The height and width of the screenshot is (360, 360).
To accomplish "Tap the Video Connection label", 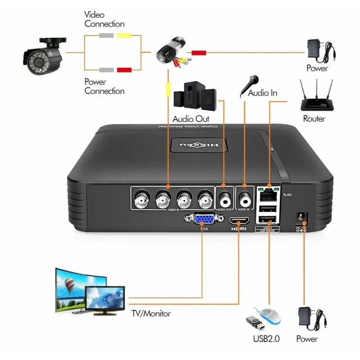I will pyautogui.click(x=104, y=19).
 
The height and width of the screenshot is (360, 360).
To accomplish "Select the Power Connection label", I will pyautogui.click(x=104, y=86).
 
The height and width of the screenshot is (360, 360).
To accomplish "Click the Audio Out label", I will pyautogui.click(x=191, y=119).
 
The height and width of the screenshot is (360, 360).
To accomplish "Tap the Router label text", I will pyautogui.click(x=314, y=119).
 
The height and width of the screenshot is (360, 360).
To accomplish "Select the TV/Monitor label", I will pyautogui.click(x=151, y=313).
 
